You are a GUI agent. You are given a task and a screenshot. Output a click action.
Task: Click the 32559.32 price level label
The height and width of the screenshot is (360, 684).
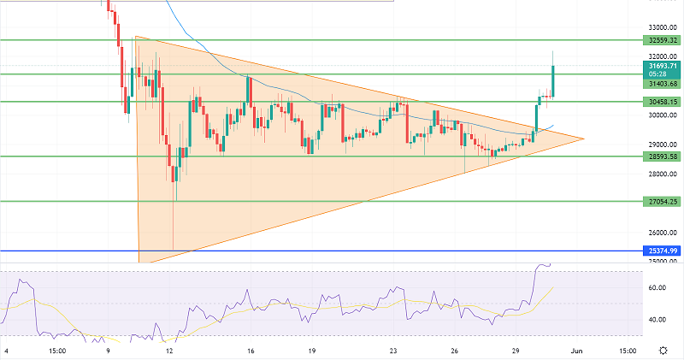click(x=662, y=40)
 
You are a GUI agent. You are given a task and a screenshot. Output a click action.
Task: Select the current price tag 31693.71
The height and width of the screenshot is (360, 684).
click(x=662, y=65)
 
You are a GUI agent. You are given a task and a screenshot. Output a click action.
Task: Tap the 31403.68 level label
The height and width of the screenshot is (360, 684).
click(x=662, y=84)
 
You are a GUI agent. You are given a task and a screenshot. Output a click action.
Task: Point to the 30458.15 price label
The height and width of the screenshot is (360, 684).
click(x=662, y=102)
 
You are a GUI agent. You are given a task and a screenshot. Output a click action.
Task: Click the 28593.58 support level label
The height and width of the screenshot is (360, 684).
click(x=662, y=156)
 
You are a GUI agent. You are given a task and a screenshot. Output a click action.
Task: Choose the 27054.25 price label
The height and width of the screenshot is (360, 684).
click(x=662, y=202)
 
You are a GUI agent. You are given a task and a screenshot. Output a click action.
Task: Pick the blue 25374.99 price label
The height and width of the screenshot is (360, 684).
click(x=662, y=251)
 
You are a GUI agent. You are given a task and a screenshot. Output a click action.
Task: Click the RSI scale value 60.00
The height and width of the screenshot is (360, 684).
click(x=657, y=288)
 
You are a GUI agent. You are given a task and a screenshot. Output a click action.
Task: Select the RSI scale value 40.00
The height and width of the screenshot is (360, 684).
click(x=657, y=320)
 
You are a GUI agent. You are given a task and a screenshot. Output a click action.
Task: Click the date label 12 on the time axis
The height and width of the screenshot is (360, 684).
click(x=170, y=351)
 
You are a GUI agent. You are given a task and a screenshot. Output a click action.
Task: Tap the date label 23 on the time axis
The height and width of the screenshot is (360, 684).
click(x=392, y=351)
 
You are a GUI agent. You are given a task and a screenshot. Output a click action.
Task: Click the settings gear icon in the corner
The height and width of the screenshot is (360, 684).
click(x=663, y=351)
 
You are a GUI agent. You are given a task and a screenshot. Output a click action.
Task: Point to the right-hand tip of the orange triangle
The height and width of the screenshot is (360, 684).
click(x=584, y=138)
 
